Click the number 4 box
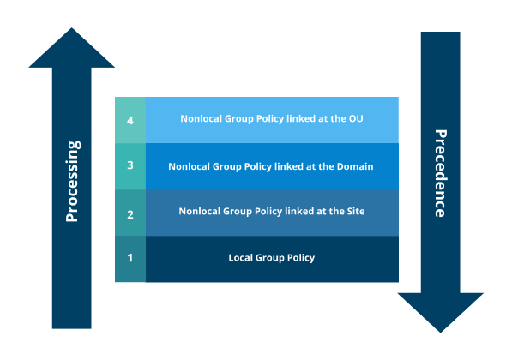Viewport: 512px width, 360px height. tap(130, 120)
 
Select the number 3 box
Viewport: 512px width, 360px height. tap(130, 166)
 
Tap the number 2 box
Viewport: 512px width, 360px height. tap(130, 213)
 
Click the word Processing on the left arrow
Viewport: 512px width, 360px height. tap(72, 181)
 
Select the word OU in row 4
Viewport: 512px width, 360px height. tap(355, 119)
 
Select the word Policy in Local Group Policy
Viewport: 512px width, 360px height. tap(300, 258)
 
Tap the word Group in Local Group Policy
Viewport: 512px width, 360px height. tap(271, 258)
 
